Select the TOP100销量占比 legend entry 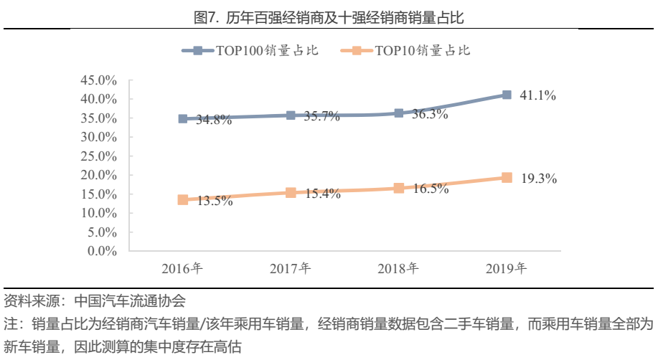coord(251,51)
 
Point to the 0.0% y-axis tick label coord(102,251)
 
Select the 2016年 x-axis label coord(182,270)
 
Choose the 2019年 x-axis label coord(506,270)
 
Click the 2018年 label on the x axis coord(398,270)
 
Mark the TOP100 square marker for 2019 coord(507,95)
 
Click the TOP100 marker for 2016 coord(183,118)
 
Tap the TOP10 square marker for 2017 coord(291,192)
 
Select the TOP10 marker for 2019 coord(507,177)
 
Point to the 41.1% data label coord(538,95)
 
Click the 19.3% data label coord(538,179)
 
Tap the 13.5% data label coord(215,202)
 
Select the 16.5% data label coord(431,189)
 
